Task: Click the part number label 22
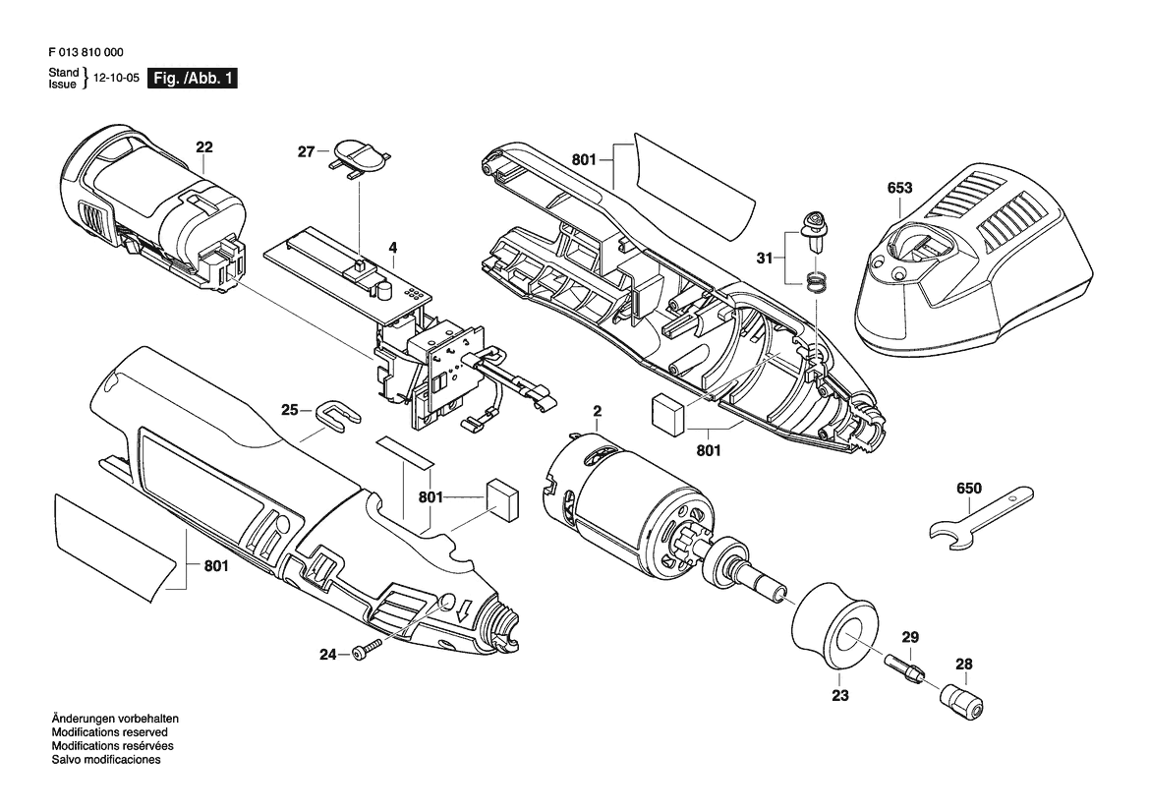204,146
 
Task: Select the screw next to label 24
368,650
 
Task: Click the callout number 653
899,188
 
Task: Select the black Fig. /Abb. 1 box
192,78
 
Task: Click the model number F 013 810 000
86,52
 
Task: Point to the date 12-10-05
117,78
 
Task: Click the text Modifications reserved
110,732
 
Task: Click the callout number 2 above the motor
598,411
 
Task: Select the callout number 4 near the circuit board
393,247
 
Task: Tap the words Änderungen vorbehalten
115,719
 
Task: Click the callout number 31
765,258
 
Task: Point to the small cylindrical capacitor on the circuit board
384,290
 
